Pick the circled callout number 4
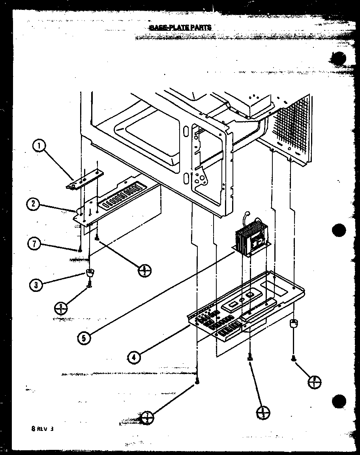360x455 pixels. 134,357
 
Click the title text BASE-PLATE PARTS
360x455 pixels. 180,27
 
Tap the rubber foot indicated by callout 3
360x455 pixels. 90,272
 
